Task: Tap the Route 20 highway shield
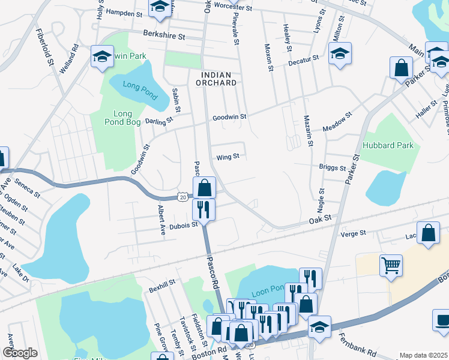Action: pos(182,196)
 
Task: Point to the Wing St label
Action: pos(228,157)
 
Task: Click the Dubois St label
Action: pos(186,225)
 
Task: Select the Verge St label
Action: pos(354,233)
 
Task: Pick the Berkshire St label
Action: pos(164,36)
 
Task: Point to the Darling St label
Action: pos(159,120)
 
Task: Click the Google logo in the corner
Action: pos(20,353)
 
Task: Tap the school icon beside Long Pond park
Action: pos(102,58)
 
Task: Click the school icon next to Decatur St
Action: pos(340,55)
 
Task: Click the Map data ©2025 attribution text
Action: pos(424,355)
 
